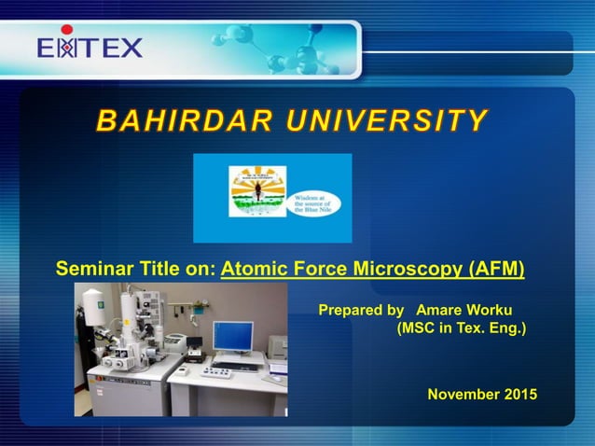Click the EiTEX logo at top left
tap(90, 47)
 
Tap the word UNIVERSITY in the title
tap(393, 121)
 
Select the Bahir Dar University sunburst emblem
tap(257, 191)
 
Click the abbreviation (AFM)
tap(493, 271)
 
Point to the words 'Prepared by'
tap(361, 310)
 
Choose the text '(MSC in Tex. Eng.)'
tap(462, 328)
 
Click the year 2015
tap(520, 395)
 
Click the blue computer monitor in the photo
tap(232, 335)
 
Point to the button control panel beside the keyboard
tap(216, 372)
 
